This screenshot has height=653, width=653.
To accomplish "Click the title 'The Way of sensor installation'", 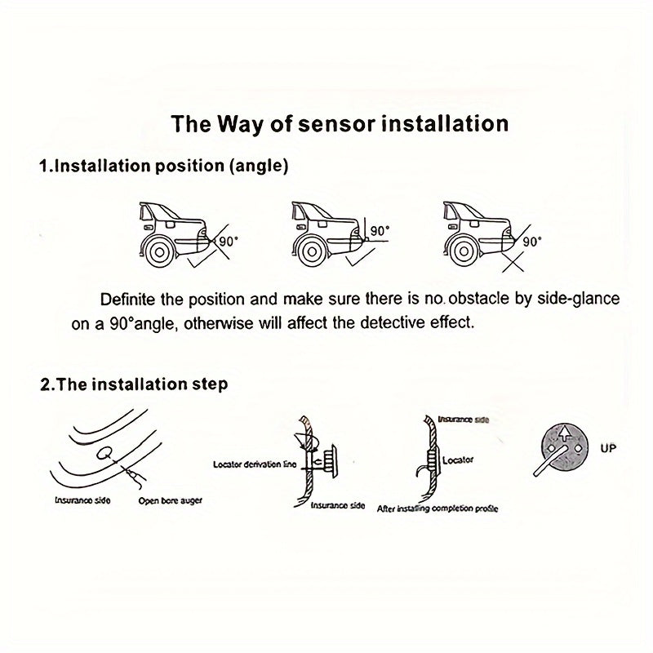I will click(x=340, y=124).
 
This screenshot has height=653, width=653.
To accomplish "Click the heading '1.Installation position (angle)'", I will click(x=163, y=166).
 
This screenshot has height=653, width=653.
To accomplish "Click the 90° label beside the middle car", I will click(x=379, y=232).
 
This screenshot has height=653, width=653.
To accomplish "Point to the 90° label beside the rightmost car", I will click(x=531, y=242).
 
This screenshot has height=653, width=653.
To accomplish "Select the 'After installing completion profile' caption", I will click(x=438, y=509).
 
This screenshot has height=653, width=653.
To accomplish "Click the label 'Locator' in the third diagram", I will click(x=458, y=460).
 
